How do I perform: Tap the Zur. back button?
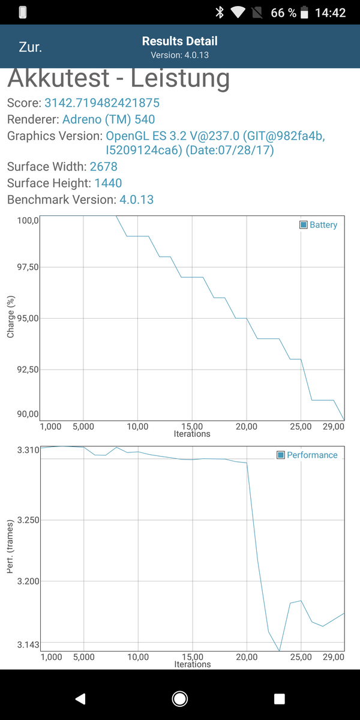click(x=30, y=47)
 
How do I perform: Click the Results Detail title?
click(x=179, y=41)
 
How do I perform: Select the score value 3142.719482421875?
click(x=102, y=103)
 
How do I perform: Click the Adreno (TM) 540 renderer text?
click(x=109, y=119)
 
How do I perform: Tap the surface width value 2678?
click(x=104, y=166)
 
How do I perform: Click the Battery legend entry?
click(x=319, y=225)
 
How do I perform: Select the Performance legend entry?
click(x=307, y=455)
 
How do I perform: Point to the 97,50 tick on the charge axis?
click(x=26, y=267)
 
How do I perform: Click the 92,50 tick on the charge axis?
click(x=26, y=370)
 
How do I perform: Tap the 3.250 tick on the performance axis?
click(x=26, y=520)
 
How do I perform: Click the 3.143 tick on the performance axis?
click(x=26, y=644)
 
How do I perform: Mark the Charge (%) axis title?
click(x=11, y=316)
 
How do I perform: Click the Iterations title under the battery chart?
click(x=192, y=434)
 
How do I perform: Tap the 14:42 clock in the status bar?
click(x=330, y=12)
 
